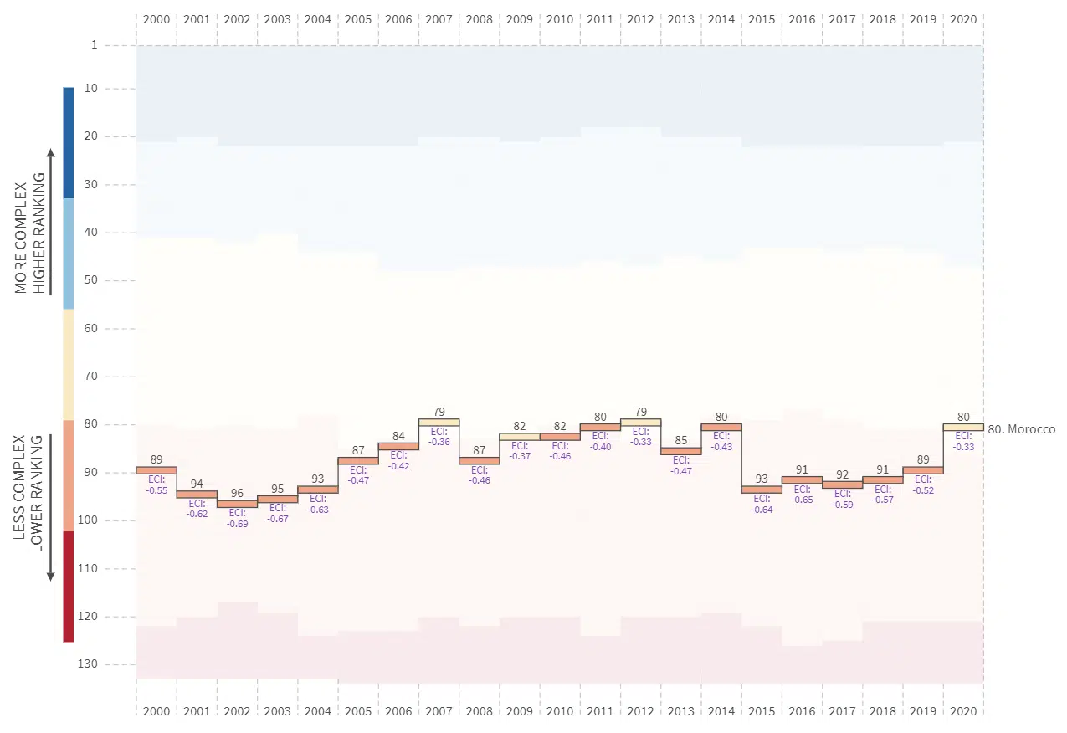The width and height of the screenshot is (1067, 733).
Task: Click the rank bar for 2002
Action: click(x=237, y=504)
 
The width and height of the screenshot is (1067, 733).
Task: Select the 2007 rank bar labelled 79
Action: click(x=439, y=422)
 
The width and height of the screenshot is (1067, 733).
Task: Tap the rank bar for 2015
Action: click(x=762, y=490)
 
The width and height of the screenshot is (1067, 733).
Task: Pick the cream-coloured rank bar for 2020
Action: click(x=963, y=427)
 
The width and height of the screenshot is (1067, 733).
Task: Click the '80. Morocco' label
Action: click(x=1022, y=429)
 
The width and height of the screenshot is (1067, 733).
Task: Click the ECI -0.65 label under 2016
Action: click(x=802, y=495)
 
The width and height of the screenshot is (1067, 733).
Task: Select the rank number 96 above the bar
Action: click(x=237, y=493)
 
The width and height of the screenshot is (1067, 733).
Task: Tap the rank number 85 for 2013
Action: click(x=681, y=440)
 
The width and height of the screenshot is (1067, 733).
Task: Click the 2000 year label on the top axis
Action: click(x=156, y=18)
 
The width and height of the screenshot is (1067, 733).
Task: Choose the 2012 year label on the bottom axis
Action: click(x=640, y=711)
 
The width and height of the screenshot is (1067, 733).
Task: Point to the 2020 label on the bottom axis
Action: click(x=963, y=711)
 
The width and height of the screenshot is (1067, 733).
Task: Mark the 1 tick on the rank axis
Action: click(x=95, y=44)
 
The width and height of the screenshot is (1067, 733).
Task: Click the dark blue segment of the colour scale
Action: click(x=69, y=142)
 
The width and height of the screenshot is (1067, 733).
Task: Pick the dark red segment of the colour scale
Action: click(x=69, y=586)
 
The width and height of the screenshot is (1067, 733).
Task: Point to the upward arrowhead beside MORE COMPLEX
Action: click(x=50, y=152)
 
